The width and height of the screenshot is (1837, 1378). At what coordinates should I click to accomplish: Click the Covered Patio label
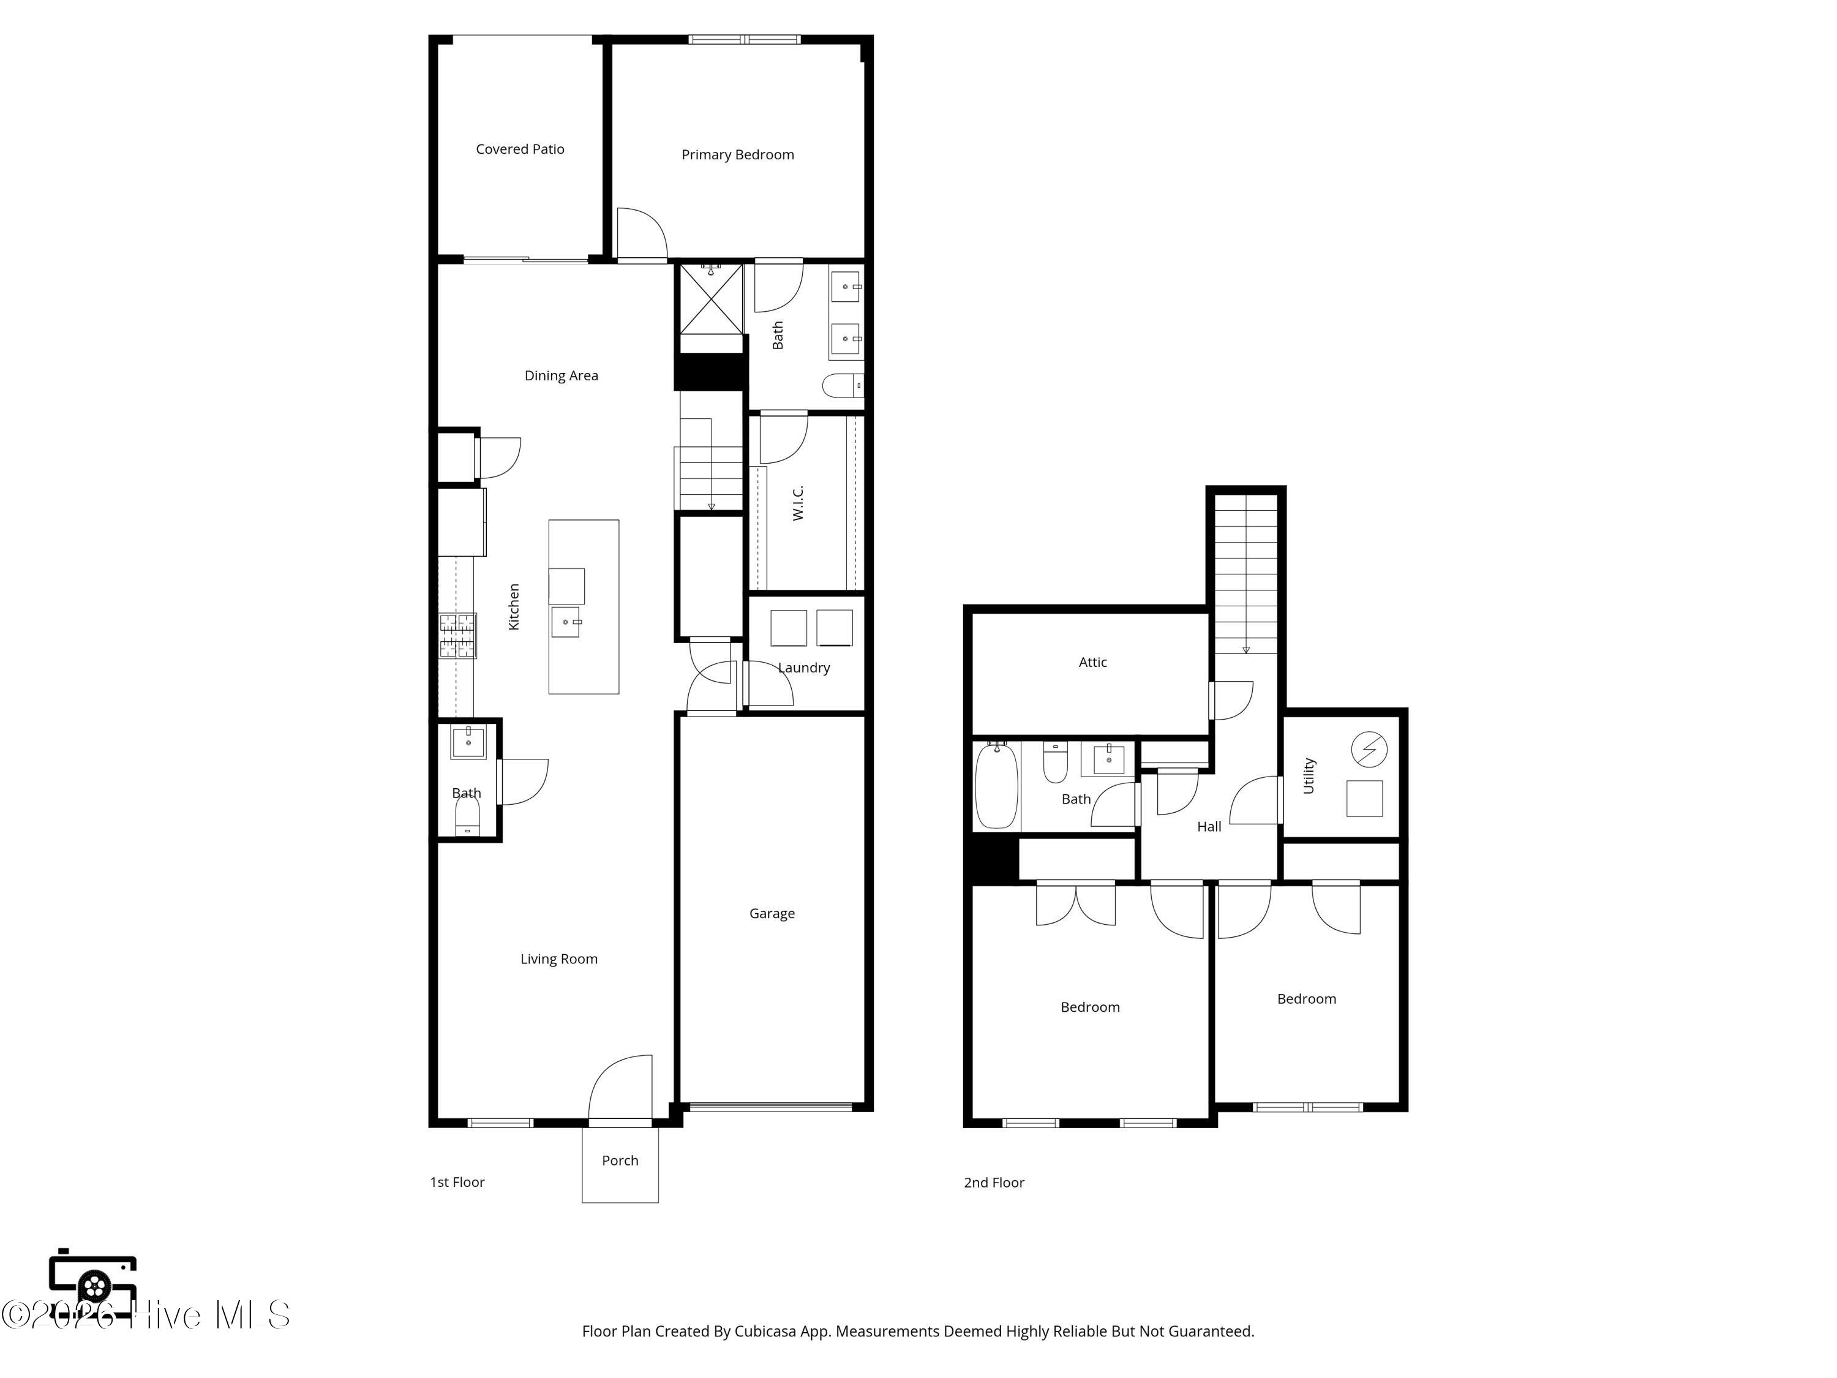click(x=520, y=149)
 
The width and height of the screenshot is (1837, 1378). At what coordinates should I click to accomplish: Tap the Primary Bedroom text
click(x=737, y=154)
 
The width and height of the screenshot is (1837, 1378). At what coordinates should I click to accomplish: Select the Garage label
click(x=772, y=914)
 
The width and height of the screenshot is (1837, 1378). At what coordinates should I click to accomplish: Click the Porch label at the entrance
click(x=620, y=1161)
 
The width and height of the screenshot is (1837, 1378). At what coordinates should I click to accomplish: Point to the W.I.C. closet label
click(x=798, y=503)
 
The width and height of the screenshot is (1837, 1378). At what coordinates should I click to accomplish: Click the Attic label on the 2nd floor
click(x=1093, y=662)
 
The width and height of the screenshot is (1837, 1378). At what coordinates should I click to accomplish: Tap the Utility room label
click(x=1309, y=776)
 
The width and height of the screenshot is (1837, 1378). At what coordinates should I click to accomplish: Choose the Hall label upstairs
click(x=1209, y=826)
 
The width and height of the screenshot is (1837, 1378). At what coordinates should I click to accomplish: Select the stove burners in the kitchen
click(x=457, y=636)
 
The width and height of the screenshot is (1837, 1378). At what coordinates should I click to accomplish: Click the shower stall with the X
click(x=711, y=298)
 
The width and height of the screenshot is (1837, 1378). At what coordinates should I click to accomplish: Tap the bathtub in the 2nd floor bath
click(x=996, y=785)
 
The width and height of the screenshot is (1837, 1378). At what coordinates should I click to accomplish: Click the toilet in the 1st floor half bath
click(x=468, y=815)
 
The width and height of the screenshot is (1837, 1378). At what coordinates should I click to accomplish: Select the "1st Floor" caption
click(x=457, y=1182)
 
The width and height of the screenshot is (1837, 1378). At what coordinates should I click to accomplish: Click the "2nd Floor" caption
click(x=994, y=1183)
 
